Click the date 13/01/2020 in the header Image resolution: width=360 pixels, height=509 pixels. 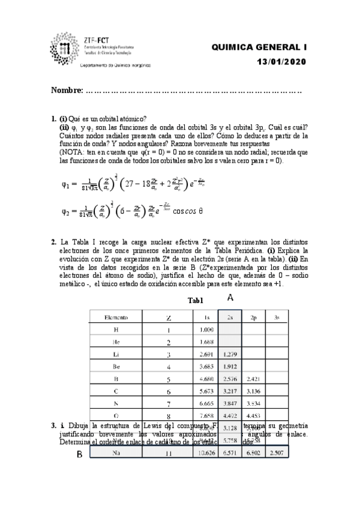pyautogui.click(x=281, y=61)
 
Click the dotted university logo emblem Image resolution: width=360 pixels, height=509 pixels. pyautogui.click(x=64, y=48)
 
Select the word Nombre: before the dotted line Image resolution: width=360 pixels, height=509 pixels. pyautogui.click(x=67, y=91)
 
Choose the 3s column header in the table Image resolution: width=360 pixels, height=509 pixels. pyautogui.click(x=277, y=316)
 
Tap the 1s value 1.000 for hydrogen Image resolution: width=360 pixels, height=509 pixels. pyautogui.click(x=207, y=330)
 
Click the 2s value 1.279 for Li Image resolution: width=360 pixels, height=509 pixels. pyautogui.click(x=230, y=355)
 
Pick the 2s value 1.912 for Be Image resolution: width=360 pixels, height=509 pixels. pyautogui.click(x=230, y=367)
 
